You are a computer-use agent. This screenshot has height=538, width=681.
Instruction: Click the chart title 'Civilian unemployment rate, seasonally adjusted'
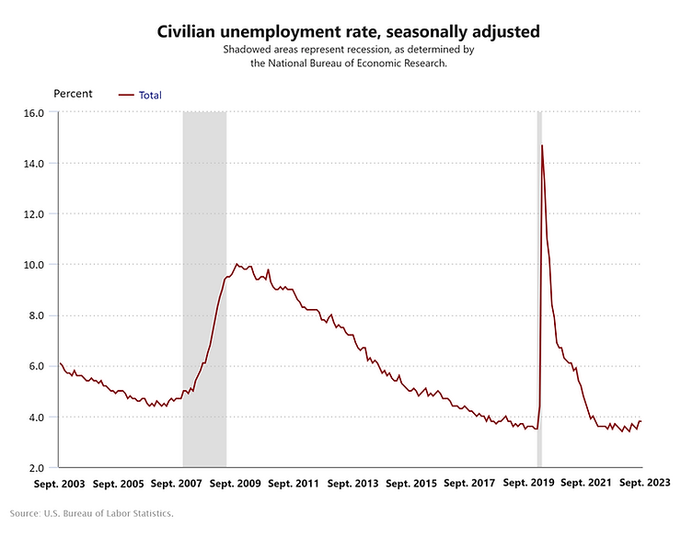[x=348, y=31]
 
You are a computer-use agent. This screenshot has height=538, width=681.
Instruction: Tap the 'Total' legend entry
[x=150, y=95]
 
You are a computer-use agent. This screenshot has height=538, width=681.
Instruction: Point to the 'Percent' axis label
[x=74, y=94]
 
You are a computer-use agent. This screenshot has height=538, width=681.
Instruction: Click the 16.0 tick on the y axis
[x=34, y=113]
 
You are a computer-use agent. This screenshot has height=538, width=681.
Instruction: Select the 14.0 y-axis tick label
[x=34, y=164]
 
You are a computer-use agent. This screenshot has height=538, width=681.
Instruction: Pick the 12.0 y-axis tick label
[x=34, y=214]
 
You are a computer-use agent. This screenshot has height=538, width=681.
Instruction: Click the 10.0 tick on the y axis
[x=34, y=265]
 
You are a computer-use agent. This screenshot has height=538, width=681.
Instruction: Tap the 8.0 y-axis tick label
[x=36, y=315]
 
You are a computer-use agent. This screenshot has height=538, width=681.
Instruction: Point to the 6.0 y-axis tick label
[x=36, y=366]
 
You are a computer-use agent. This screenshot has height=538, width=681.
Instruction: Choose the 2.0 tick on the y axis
[x=36, y=467]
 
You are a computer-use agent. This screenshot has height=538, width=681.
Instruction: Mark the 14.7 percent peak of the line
[x=542, y=145]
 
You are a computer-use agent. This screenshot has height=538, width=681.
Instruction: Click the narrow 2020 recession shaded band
[x=539, y=276]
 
